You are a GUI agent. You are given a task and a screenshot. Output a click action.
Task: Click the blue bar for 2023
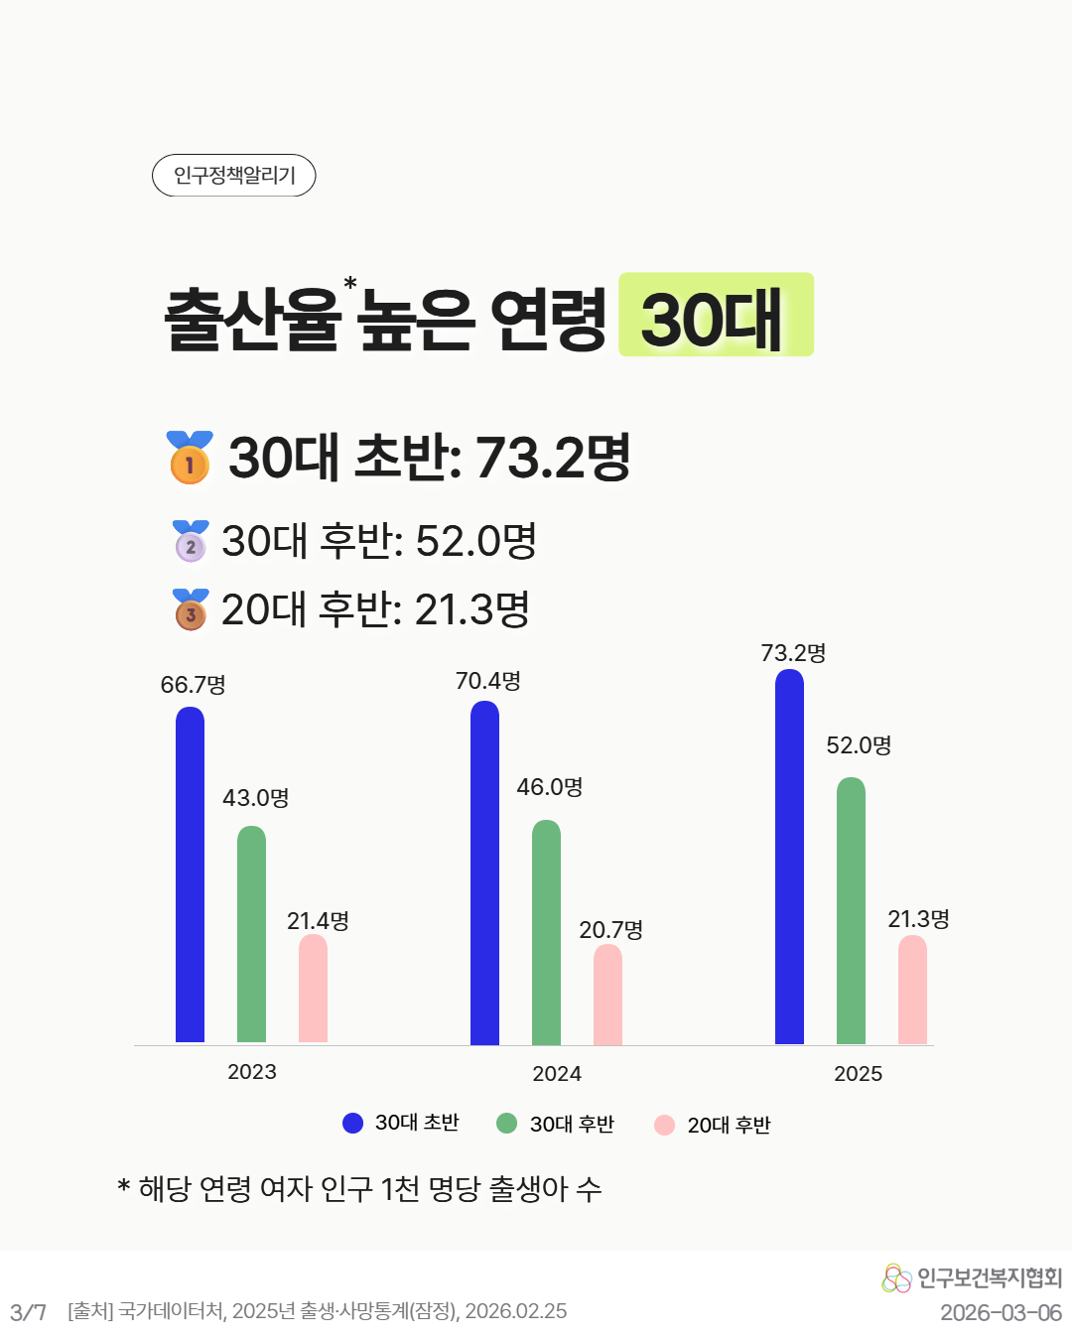tap(190, 874)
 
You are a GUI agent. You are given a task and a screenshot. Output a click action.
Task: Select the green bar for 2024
tap(546, 932)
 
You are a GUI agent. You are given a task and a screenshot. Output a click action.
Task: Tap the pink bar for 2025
tap(912, 990)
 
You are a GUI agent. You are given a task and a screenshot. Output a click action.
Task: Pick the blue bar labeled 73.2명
tap(789, 857)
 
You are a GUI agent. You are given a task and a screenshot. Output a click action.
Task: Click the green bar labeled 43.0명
tap(251, 934)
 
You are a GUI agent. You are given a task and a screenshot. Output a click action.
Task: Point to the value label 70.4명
tap(487, 681)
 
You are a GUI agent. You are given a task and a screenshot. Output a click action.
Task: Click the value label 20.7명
tap(610, 930)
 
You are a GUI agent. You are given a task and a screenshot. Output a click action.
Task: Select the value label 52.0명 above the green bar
tap(859, 745)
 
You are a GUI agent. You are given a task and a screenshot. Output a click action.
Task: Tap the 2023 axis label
tap(252, 1072)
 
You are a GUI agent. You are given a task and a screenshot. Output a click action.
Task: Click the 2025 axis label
tap(858, 1074)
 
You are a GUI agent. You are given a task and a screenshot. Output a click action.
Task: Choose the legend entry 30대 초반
tap(401, 1123)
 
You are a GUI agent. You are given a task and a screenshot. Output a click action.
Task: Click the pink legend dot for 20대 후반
tap(664, 1125)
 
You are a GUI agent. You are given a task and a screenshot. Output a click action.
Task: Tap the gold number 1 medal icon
tap(190, 459)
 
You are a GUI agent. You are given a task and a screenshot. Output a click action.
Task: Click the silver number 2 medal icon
tap(191, 542)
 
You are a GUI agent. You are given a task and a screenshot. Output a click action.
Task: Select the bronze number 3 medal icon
tap(191, 610)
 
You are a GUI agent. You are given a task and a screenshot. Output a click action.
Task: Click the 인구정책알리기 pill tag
tap(233, 176)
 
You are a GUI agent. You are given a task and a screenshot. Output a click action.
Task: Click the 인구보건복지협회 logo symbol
tap(896, 1278)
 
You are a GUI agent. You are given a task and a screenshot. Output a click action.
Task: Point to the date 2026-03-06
tap(1001, 1313)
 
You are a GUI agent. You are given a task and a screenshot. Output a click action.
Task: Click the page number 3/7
tap(28, 1312)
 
